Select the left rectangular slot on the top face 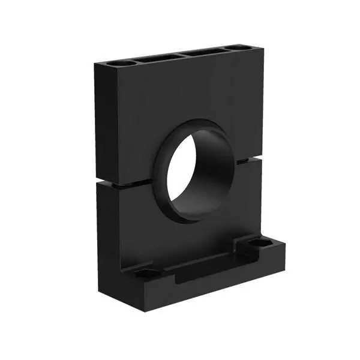coord(157,58)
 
